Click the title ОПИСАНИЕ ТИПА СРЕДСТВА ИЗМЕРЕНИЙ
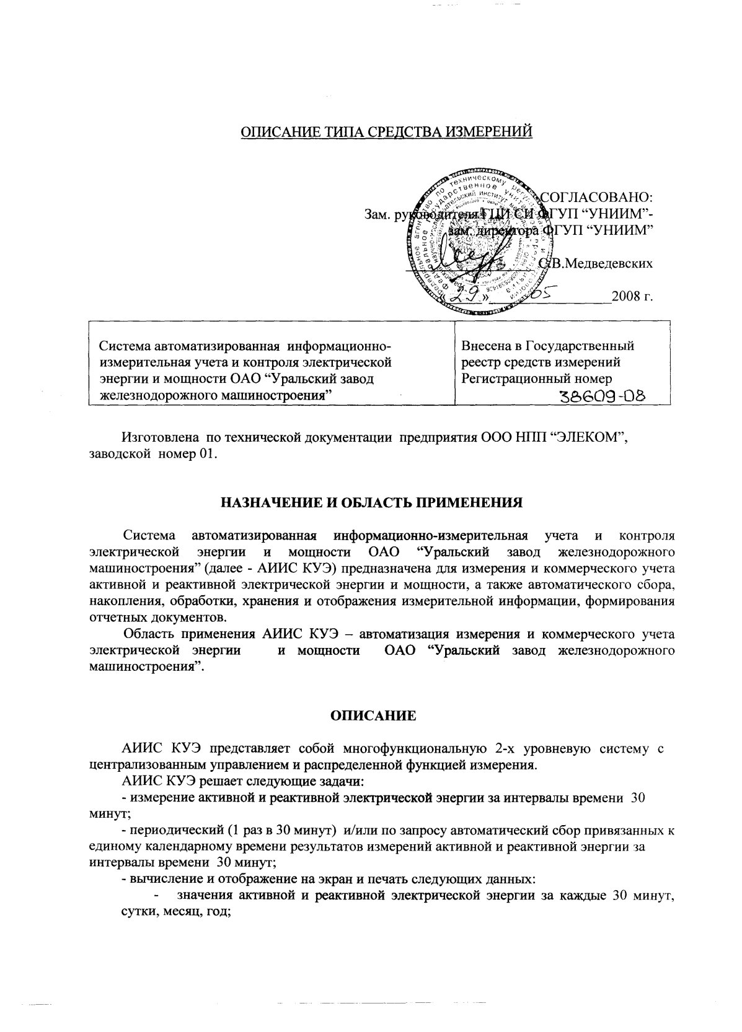click(387, 132)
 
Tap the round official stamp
click(478, 242)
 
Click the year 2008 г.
click(632, 297)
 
